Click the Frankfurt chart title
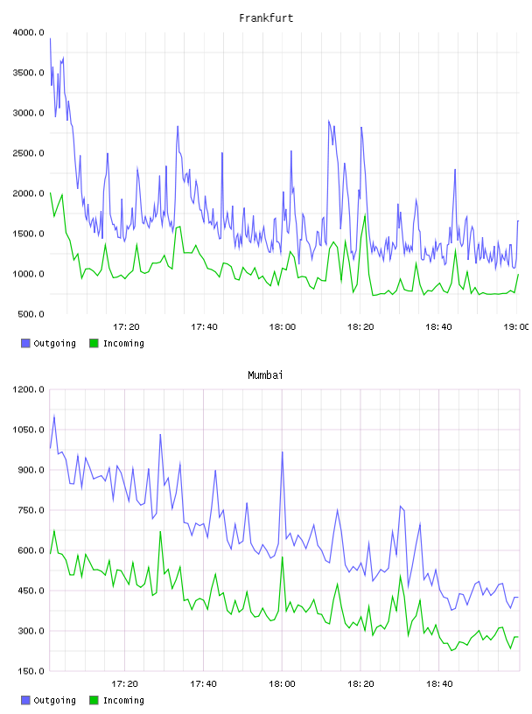click(266, 18)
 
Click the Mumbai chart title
click(265, 375)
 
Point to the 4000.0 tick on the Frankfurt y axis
click(29, 32)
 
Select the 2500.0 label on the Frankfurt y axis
click(29, 153)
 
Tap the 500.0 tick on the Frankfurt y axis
click(31, 314)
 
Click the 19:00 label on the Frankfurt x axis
click(516, 327)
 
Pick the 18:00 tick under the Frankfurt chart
click(283, 327)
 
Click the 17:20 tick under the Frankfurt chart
click(126, 327)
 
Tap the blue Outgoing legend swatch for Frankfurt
click(25, 343)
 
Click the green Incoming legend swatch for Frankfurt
click(94, 343)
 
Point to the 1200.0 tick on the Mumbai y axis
click(29, 389)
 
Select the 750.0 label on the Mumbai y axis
click(31, 510)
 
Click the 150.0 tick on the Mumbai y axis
click(31, 671)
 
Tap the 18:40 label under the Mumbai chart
click(439, 684)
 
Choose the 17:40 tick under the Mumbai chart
click(204, 684)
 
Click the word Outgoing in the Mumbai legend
click(54, 700)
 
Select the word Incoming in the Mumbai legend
click(123, 700)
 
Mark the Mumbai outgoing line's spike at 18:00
click(283, 452)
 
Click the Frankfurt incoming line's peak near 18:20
click(365, 215)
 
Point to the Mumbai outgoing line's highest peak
click(54, 416)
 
